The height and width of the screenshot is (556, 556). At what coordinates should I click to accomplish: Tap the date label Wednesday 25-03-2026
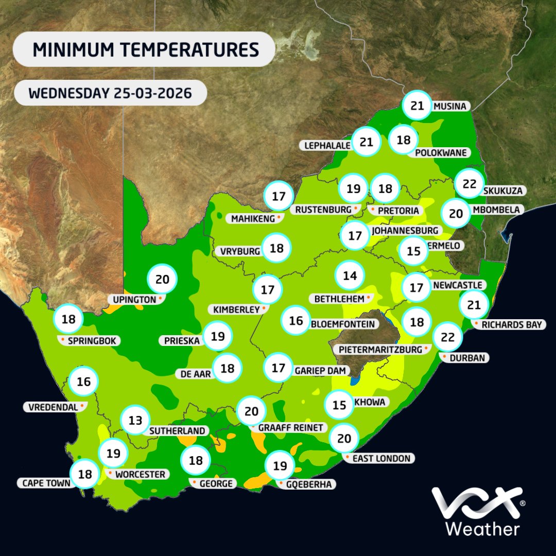(x=111, y=94)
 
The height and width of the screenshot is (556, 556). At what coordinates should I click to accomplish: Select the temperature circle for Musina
(x=418, y=106)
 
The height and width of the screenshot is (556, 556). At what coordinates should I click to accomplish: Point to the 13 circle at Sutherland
(x=135, y=421)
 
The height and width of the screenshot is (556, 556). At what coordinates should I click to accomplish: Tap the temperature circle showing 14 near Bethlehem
(x=350, y=275)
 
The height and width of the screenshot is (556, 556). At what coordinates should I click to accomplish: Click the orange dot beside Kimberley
(x=264, y=309)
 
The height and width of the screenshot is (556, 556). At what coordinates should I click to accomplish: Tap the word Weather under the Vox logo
(x=482, y=529)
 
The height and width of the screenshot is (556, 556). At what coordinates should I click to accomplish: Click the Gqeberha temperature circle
(x=280, y=466)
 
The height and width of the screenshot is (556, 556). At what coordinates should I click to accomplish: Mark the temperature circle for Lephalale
(x=366, y=141)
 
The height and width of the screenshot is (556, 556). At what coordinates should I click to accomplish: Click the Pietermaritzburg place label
(x=383, y=349)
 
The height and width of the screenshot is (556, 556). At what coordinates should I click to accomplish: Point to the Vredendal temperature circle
(x=84, y=382)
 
